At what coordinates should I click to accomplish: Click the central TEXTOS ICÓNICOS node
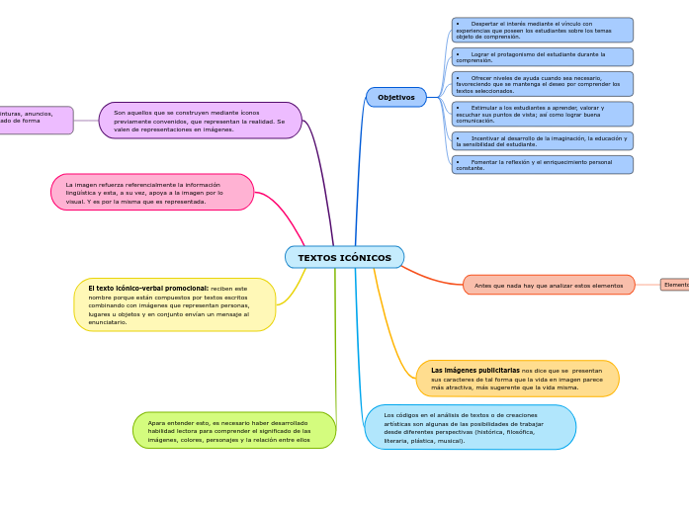(344, 257)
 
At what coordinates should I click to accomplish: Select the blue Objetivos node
(396, 97)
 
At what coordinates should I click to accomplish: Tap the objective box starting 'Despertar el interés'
(542, 30)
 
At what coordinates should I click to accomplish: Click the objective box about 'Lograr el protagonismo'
(542, 57)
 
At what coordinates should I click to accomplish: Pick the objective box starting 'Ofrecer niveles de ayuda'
(542, 84)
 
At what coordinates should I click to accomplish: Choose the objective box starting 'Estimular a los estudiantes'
(542, 114)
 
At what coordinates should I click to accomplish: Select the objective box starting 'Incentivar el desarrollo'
(542, 141)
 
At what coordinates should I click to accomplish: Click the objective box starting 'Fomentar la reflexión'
(542, 165)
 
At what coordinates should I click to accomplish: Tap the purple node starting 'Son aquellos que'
(200, 121)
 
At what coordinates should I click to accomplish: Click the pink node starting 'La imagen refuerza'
(152, 193)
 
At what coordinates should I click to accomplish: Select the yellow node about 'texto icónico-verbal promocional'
(174, 304)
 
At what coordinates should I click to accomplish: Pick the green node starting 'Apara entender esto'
(234, 431)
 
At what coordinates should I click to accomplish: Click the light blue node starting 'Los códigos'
(470, 427)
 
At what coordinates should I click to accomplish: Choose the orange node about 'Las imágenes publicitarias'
(517, 379)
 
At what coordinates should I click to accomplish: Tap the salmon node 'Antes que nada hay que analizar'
(549, 285)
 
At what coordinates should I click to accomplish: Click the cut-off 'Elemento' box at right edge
(675, 285)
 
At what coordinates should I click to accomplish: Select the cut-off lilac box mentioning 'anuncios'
(36, 121)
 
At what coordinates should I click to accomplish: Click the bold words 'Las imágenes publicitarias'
(474, 371)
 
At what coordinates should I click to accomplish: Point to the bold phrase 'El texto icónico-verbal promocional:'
(148, 289)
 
